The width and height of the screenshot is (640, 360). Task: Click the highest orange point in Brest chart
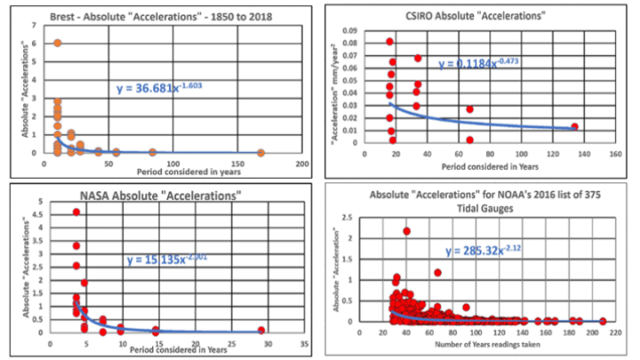point(58,42)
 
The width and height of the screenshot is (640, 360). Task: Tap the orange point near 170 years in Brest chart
point(259,152)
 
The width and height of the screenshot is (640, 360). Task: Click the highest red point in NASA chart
point(77,212)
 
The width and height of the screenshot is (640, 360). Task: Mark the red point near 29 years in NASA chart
point(261,330)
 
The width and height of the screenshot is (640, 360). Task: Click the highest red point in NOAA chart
point(406,231)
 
